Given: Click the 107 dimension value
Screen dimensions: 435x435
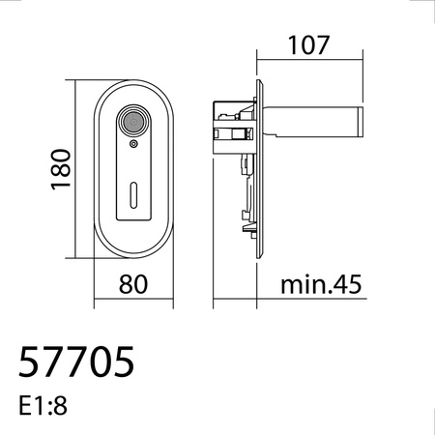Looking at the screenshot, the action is click(x=308, y=45).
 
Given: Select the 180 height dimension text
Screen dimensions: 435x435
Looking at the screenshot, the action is click(x=61, y=169).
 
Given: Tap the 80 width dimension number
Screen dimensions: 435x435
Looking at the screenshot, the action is click(x=133, y=284).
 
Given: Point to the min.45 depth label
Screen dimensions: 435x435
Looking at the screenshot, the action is click(x=321, y=284).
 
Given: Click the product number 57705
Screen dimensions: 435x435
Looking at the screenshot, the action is click(x=76, y=362).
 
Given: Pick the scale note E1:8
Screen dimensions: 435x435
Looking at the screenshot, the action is click(x=43, y=406).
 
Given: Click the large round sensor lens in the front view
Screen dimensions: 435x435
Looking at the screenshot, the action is click(x=133, y=122).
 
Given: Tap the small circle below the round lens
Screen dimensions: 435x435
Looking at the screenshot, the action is click(x=133, y=144).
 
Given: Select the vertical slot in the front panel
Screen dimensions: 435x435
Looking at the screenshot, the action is click(x=133, y=195).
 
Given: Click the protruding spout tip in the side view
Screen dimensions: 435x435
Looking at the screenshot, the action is click(x=360, y=122).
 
